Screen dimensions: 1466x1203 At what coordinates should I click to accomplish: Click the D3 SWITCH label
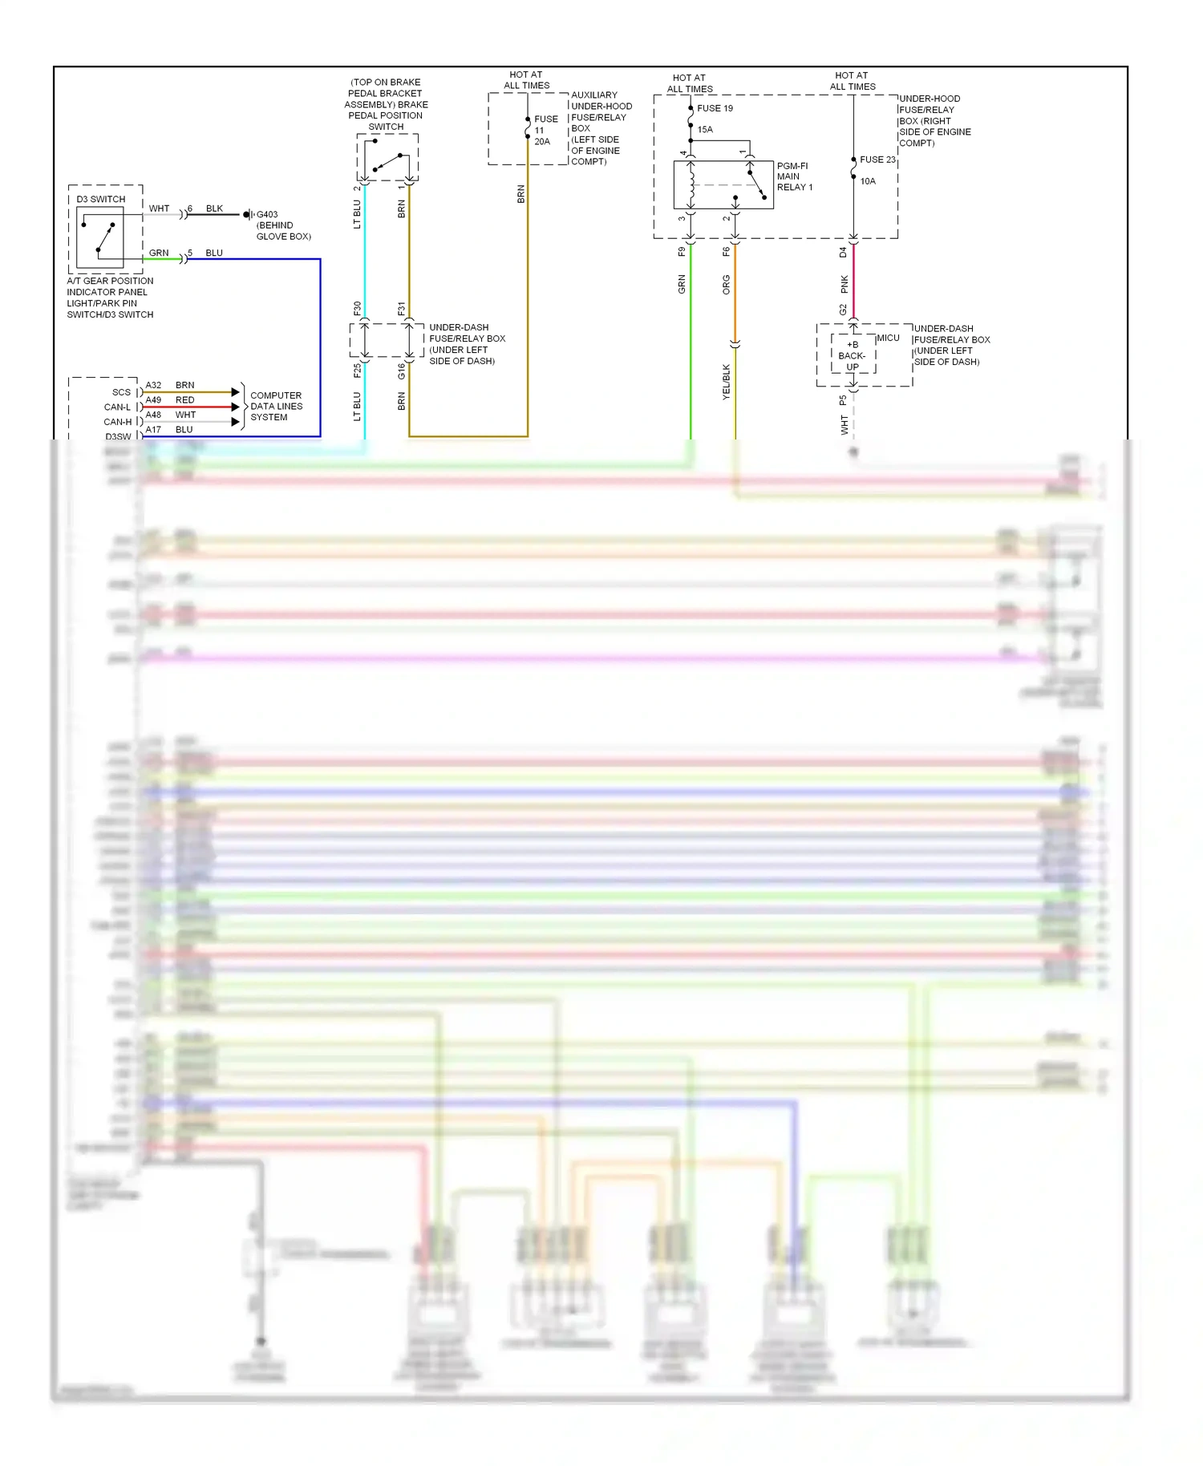click(x=101, y=199)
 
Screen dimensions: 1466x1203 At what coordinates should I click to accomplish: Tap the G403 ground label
click(x=267, y=214)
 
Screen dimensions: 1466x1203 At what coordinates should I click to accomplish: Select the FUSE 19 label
click(x=715, y=108)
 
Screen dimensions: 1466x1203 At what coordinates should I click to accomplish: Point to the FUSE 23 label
click(x=877, y=160)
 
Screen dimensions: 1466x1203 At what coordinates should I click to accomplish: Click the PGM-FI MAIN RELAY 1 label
click(x=794, y=176)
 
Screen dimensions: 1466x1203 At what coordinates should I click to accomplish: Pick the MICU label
click(x=888, y=338)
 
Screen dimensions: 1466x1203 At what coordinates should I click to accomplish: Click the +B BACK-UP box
click(x=853, y=355)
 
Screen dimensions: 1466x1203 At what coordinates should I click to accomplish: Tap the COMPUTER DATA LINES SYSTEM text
click(x=276, y=406)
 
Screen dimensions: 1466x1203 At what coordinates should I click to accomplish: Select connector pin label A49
click(x=153, y=399)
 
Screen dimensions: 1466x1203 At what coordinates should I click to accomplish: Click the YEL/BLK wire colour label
click(x=726, y=382)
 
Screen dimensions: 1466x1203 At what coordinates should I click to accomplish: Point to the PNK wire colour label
click(x=844, y=283)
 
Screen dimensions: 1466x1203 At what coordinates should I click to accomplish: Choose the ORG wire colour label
click(x=726, y=284)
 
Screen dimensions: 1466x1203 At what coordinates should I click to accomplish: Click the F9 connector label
click(x=682, y=252)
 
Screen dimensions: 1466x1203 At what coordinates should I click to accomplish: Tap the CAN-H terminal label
click(x=118, y=422)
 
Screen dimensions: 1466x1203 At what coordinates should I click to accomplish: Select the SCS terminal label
click(x=121, y=392)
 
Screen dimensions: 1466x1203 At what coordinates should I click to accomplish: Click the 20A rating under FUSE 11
click(x=542, y=142)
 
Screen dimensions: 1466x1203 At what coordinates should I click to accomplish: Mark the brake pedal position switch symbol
click(x=387, y=159)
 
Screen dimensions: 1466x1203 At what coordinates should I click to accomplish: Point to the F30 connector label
click(x=357, y=308)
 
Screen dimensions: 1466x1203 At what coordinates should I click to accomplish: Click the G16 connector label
click(x=401, y=371)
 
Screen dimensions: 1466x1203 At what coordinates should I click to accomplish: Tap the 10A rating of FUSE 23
click(x=868, y=181)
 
